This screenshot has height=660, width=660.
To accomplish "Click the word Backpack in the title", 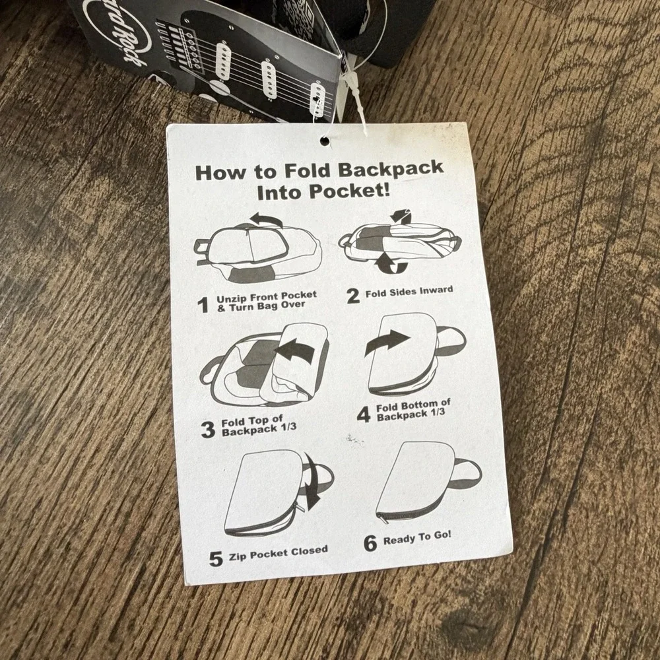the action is click(x=391, y=169).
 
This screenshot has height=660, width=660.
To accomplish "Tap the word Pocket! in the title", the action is click(x=349, y=191).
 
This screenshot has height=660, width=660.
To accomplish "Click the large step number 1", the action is click(x=203, y=305).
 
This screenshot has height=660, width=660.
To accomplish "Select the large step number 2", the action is click(x=353, y=295).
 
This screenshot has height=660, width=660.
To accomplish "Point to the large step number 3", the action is click(x=208, y=429).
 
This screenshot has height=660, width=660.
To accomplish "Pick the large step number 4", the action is click(x=363, y=414).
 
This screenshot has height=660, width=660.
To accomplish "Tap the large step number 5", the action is click(x=216, y=558).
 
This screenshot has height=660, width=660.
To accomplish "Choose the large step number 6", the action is click(x=370, y=543).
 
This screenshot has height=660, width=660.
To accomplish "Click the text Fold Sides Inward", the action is click(x=409, y=291).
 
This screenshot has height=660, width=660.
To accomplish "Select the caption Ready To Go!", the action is click(x=416, y=539).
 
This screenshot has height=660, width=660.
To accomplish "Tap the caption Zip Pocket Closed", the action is click(x=279, y=554).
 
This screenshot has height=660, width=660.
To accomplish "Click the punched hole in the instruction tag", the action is click(x=325, y=141).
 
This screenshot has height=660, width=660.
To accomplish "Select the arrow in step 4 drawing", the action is click(x=386, y=342).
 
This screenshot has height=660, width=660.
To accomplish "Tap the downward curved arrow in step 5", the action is click(x=313, y=482).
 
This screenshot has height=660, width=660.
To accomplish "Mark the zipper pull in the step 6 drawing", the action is click(x=381, y=519).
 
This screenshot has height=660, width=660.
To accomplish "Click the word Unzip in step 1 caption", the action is click(x=230, y=299).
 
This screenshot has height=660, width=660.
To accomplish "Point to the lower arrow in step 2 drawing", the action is click(x=391, y=263).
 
